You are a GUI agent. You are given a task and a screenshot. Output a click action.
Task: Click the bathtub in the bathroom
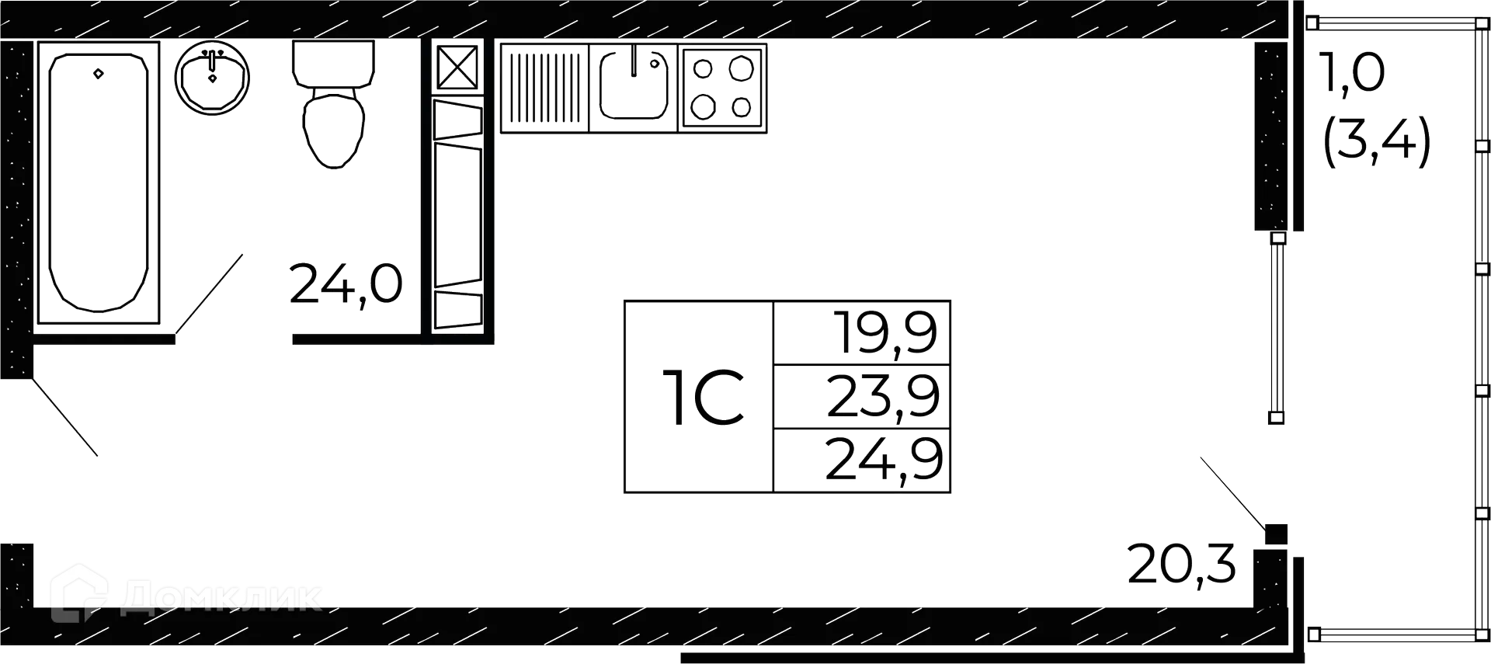99,183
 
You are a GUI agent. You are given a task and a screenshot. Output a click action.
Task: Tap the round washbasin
213,77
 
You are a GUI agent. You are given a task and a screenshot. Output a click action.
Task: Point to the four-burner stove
723,87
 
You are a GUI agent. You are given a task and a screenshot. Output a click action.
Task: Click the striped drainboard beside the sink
545,85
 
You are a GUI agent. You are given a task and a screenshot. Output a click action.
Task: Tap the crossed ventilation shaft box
457,67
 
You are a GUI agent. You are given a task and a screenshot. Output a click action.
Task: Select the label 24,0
345,285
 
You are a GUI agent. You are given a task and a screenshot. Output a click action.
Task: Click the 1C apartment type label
701,398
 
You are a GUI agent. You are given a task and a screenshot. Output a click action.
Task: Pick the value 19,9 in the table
885,332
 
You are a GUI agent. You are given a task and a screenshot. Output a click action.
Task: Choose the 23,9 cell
883,395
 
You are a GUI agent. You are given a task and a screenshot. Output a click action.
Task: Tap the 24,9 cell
884,459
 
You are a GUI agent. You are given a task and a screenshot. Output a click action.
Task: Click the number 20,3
1181,565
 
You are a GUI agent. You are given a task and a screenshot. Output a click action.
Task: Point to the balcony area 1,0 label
1352,75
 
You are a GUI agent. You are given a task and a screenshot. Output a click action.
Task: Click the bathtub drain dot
99,75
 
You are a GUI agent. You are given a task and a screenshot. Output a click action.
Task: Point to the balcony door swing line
1231,491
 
